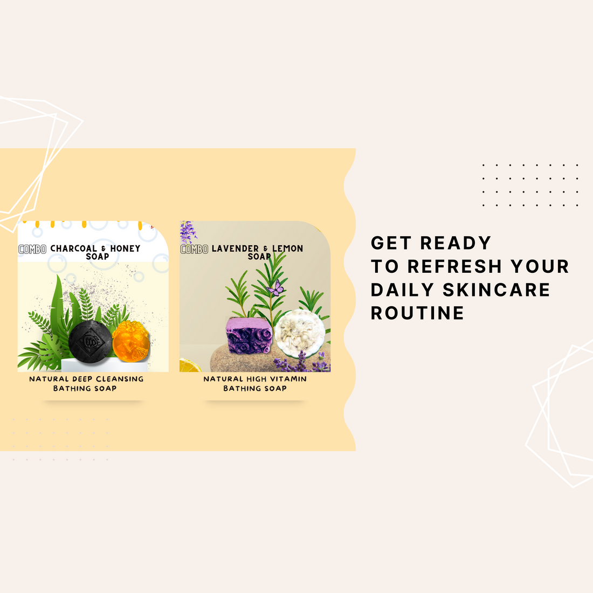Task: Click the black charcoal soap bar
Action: tap(89, 340)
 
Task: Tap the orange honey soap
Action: tap(130, 340)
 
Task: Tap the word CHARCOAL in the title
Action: tap(74, 249)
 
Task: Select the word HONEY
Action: tap(125, 249)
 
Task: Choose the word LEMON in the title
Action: tap(287, 249)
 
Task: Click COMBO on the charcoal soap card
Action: tap(32, 249)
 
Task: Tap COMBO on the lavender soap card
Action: tap(194, 249)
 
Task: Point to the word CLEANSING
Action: tap(120, 379)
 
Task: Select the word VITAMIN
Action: tap(288, 379)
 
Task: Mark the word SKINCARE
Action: tap(496, 289)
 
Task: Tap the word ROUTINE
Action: tap(417, 313)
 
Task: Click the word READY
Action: tap(456, 243)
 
